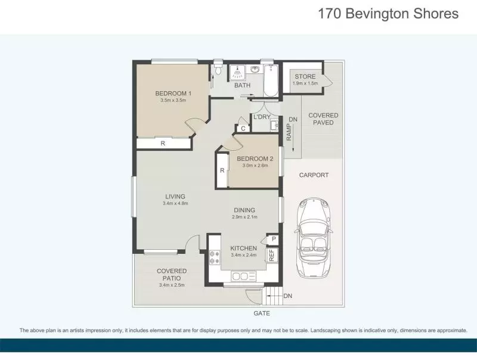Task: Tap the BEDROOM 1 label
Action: point(173,94)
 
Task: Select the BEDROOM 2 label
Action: point(255,159)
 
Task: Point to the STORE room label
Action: point(305,77)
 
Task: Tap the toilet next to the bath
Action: point(218,72)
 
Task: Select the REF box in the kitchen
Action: point(271,255)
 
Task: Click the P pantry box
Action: point(273,240)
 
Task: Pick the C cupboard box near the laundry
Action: point(243,128)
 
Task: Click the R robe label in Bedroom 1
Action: point(162,144)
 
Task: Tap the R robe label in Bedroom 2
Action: point(222,170)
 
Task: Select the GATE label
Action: point(262,313)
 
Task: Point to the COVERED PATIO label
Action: point(172,274)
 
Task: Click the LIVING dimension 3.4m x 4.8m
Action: point(175,204)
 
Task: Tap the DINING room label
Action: point(244,210)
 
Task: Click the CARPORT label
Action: point(314,175)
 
